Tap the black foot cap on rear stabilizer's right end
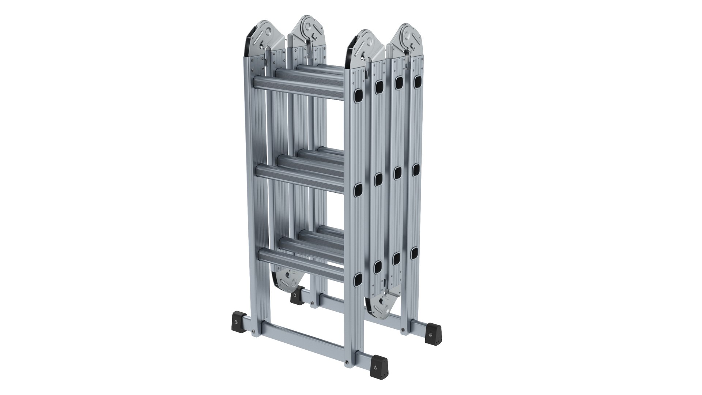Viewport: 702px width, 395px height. [434, 332]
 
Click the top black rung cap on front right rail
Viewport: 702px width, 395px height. [358, 95]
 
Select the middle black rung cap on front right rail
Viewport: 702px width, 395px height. [358, 189]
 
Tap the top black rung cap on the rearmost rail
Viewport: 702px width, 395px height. [417, 82]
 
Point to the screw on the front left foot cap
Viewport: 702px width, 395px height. [236, 321]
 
